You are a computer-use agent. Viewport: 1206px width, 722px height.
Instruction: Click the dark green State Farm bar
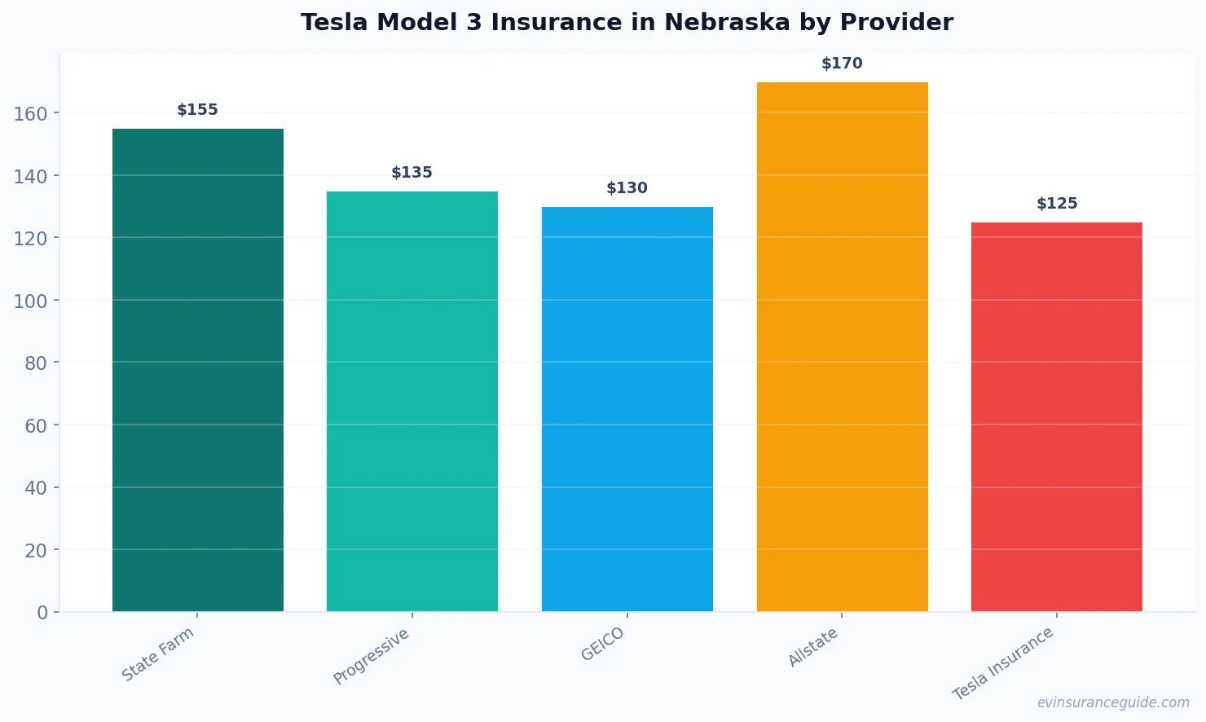198,370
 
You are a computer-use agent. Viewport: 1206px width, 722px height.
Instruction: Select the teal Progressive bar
412,401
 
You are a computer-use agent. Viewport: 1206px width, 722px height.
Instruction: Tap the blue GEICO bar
627,409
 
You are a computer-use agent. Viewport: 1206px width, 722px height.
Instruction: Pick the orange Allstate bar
842,346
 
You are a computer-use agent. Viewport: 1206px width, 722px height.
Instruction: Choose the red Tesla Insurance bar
1056,416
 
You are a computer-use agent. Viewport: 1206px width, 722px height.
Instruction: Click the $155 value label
198,110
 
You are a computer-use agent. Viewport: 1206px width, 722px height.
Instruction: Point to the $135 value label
412,173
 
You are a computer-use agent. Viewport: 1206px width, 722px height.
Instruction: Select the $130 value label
627,188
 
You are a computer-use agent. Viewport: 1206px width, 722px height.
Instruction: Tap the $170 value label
842,64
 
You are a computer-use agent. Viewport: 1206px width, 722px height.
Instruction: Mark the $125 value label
1056,204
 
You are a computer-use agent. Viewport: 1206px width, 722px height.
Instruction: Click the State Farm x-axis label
158,654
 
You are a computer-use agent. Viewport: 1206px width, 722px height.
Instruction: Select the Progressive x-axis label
372,656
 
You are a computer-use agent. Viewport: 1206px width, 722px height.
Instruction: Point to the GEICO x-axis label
603,644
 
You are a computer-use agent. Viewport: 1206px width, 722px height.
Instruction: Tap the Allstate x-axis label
813,648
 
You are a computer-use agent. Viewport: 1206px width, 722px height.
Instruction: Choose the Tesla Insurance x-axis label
1003,663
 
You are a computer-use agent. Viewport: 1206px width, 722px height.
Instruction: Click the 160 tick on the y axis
30,113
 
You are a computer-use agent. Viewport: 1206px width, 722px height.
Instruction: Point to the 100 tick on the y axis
30,301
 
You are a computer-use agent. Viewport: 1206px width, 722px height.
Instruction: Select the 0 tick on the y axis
42,613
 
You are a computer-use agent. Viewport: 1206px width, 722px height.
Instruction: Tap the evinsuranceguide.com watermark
1113,702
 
